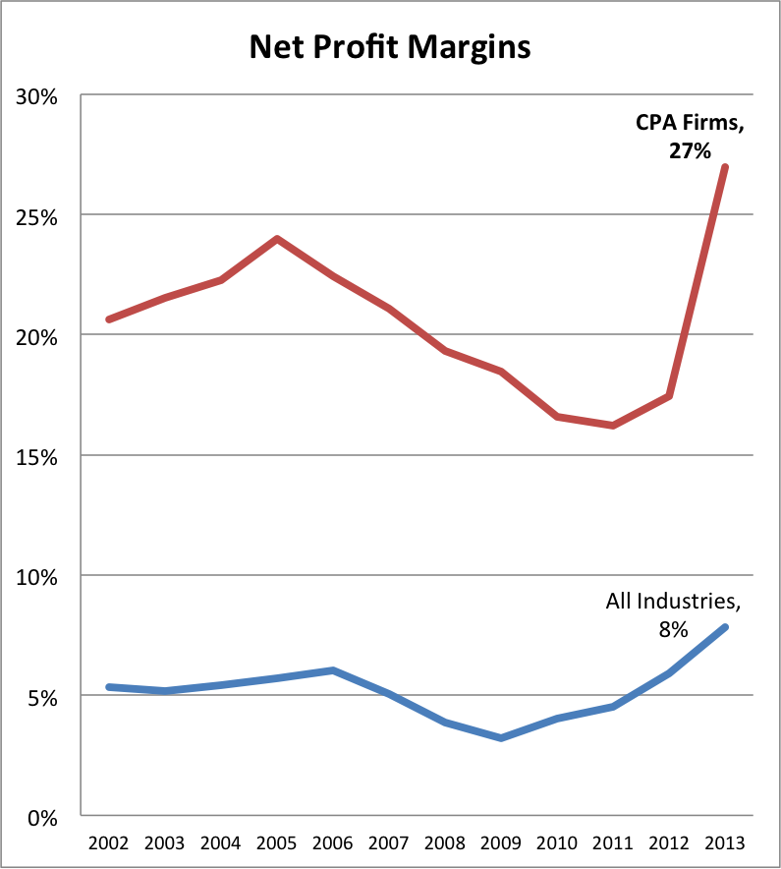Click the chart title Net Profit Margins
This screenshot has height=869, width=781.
(390, 46)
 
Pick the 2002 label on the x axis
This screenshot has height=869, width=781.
(108, 843)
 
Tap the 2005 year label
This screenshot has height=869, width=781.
(277, 843)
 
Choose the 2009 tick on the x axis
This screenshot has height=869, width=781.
(501, 843)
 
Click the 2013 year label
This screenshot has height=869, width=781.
(725, 843)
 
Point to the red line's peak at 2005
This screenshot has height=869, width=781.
(277, 239)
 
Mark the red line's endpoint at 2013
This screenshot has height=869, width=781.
(725, 167)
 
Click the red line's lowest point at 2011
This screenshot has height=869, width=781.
(613, 426)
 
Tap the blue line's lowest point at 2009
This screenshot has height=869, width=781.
(501, 737)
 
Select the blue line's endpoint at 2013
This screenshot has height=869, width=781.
(725, 627)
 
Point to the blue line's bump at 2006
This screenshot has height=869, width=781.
(333, 670)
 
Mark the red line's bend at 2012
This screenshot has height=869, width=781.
(669, 396)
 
